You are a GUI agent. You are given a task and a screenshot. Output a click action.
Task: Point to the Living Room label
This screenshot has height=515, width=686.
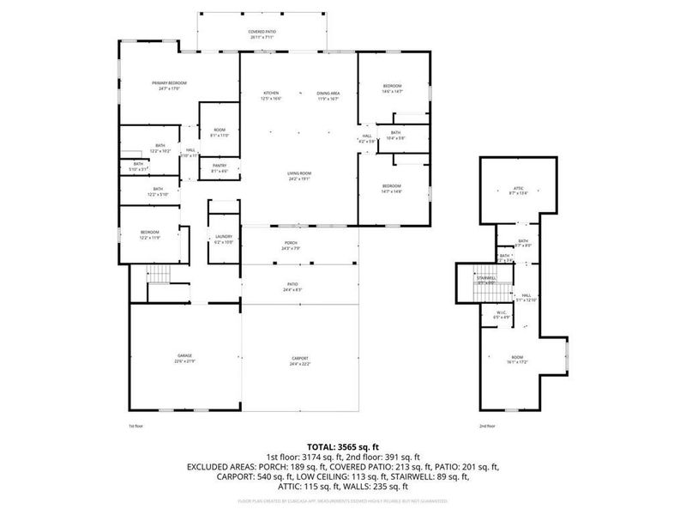point(299,175)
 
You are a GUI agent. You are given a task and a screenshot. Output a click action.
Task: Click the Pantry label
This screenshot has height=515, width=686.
point(219,167)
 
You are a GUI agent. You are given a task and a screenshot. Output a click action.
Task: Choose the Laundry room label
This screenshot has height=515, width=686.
point(223,239)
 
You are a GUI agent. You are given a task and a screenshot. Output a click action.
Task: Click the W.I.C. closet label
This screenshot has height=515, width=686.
point(502,314)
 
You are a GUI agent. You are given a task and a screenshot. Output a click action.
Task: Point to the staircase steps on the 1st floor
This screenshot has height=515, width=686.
point(159,275)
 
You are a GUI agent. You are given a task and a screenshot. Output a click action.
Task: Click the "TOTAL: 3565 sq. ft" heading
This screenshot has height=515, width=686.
point(342,447)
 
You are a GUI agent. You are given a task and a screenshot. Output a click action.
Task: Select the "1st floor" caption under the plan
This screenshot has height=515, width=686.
point(136,426)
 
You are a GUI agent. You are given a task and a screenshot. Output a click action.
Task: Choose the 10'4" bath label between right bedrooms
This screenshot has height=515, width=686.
point(395,135)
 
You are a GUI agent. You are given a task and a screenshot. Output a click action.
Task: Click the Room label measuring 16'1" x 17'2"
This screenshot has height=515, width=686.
point(517,361)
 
